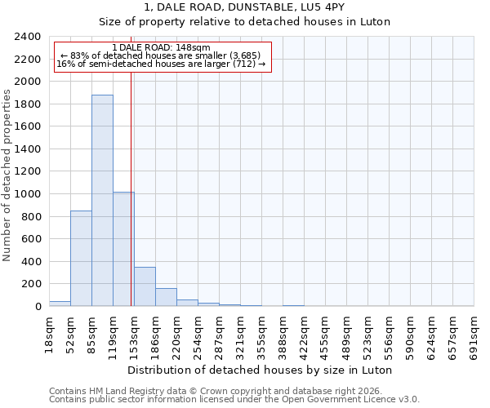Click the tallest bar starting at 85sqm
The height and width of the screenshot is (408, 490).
tap(102, 201)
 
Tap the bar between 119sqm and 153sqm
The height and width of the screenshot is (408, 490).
tap(123, 249)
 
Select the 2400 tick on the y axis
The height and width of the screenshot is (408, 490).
tap(29, 37)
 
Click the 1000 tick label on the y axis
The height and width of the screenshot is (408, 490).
tap(29, 194)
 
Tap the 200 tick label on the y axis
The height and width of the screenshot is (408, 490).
tap(32, 284)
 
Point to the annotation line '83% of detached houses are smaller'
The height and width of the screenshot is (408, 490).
tap(161, 55)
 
